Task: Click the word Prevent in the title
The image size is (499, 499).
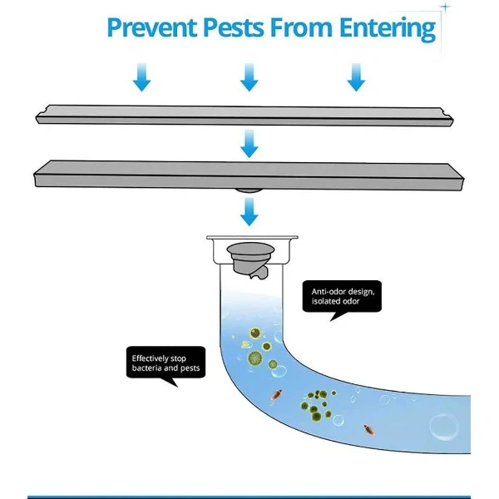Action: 152,28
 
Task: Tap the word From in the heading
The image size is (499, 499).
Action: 302,28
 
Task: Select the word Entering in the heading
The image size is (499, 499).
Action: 388,29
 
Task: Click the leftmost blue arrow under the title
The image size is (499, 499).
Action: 141,77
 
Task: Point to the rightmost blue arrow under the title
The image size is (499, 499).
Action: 356,77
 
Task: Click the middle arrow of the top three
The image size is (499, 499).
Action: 249,77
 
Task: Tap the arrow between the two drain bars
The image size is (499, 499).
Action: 249,144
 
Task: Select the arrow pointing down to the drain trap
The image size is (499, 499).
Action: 249,212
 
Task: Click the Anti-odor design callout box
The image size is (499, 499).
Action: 342,296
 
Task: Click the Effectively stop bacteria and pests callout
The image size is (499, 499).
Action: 166,363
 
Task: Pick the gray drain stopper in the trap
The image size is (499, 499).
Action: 250,260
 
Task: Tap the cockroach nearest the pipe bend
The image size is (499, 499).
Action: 276,394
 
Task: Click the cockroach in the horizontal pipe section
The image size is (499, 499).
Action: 369,430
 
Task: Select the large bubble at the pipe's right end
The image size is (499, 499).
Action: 444,427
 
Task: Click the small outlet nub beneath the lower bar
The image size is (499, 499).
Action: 249,190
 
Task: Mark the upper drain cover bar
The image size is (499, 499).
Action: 245,116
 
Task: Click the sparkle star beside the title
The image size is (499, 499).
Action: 446,7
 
